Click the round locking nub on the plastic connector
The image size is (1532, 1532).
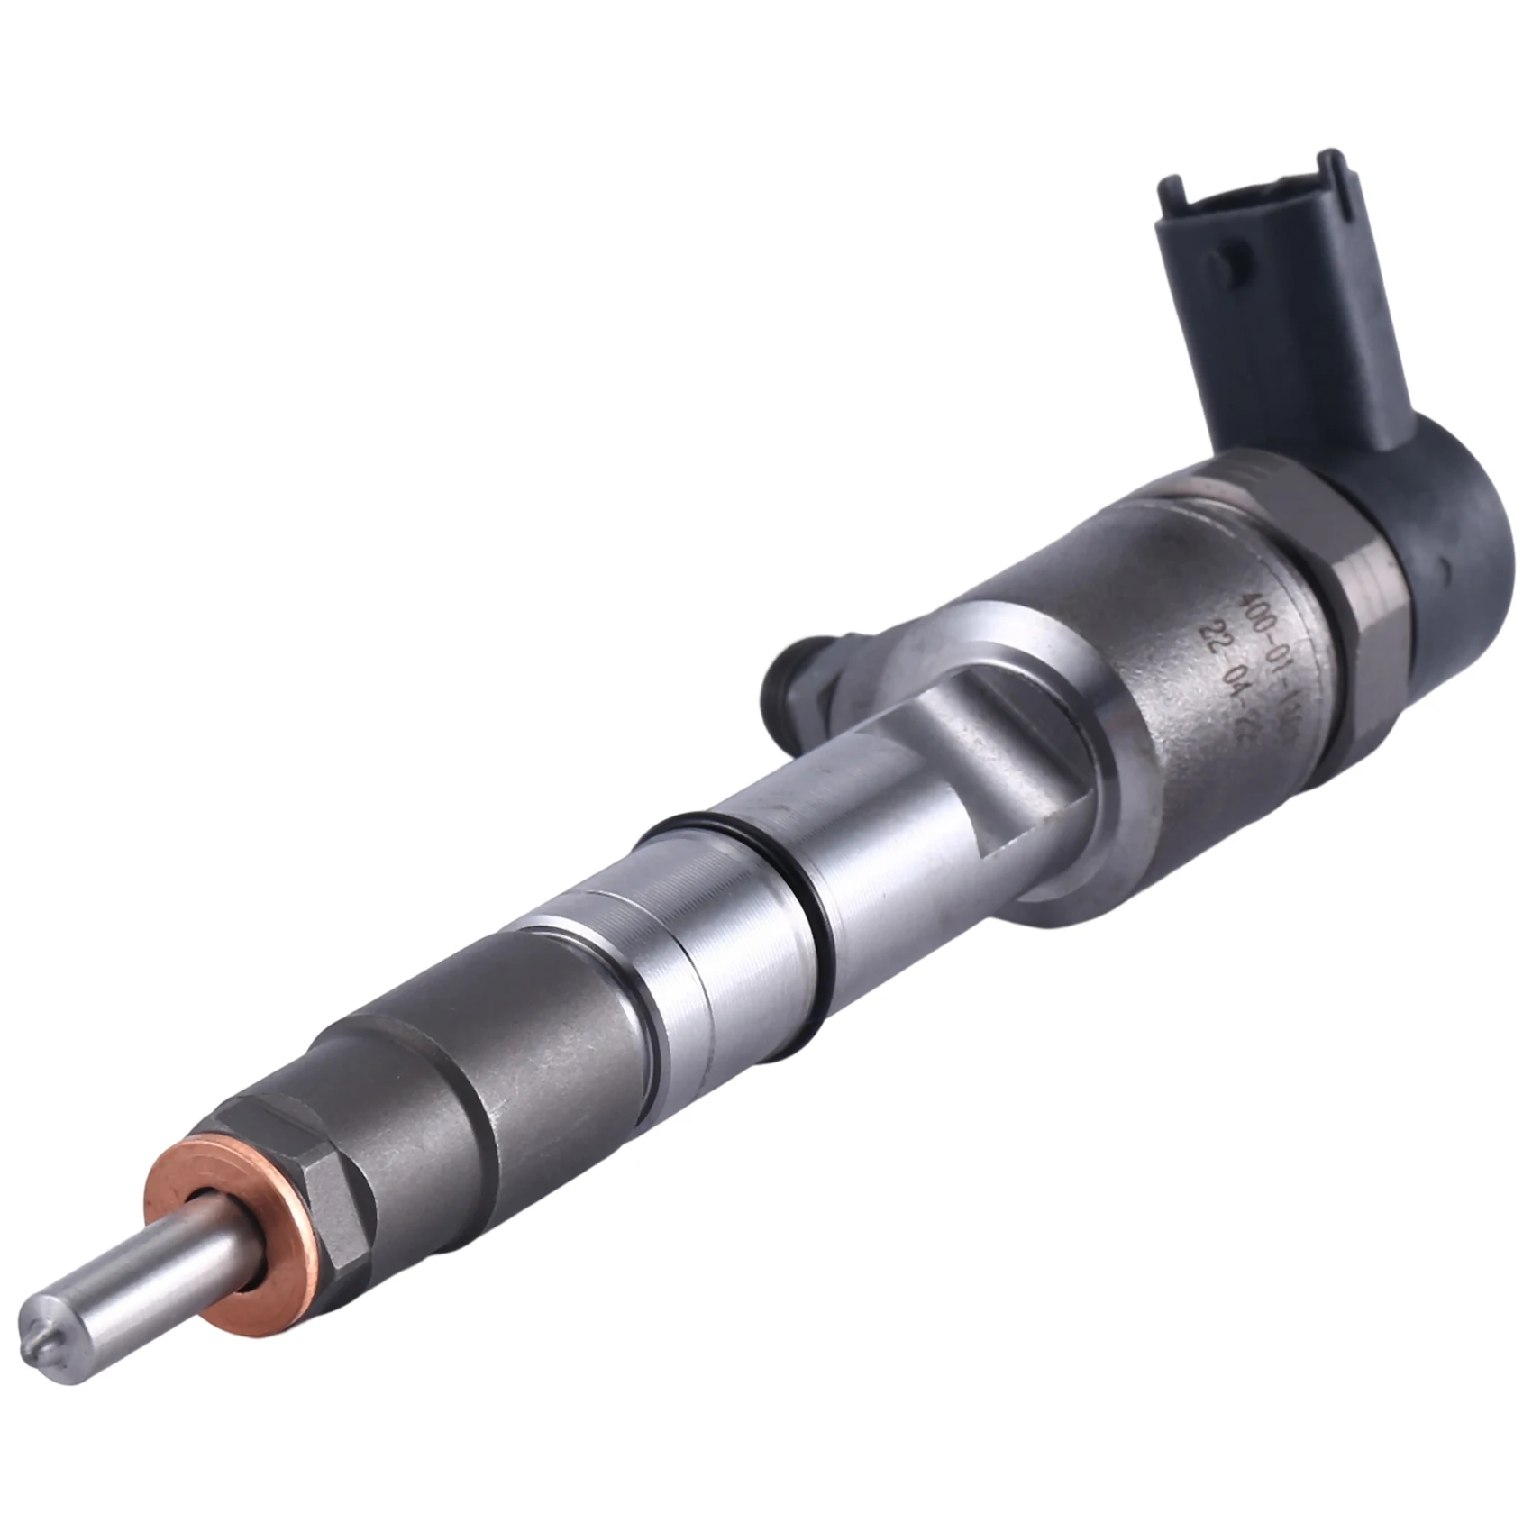click(1217, 265)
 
